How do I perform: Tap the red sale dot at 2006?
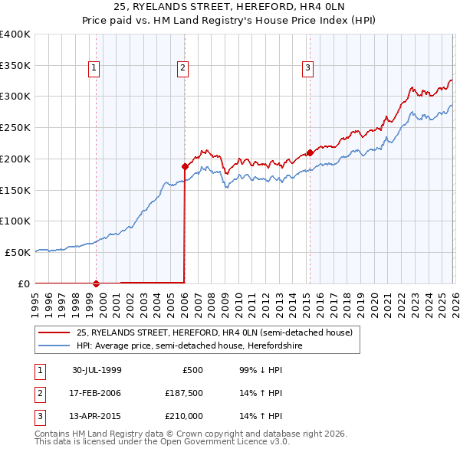[185, 165]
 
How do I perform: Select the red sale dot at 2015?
[310, 152]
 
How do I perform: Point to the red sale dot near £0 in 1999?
[97, 283]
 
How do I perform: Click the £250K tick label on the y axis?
[15, 127]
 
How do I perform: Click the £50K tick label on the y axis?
[18, 252]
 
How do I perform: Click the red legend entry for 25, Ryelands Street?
[214, 332]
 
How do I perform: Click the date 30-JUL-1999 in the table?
[97, 370]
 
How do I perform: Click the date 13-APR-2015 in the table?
[97, 416]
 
